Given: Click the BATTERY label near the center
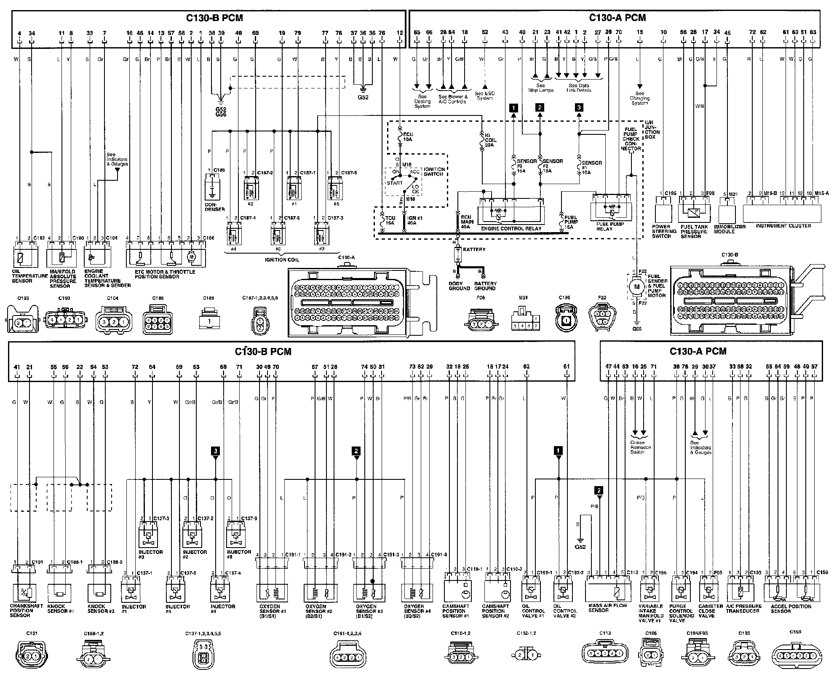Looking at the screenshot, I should pyautogui.click(x=474, y=249).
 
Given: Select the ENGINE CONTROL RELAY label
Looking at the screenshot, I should pyautogui.click(x=511, y=228).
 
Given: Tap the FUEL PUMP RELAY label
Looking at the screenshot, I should pyautogui.click(x=610, y=227).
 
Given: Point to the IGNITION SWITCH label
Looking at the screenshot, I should pyautogui.click(x=434, y=171).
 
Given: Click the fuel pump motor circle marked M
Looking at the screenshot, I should pyautogui.click(x=636, y=287).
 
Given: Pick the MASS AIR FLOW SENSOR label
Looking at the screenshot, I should pyautogui.click(x=607, y=608).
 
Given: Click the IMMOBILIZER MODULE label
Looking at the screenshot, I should pyautogui.click(x=730, y=229).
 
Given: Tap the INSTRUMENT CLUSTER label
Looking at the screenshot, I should pyautogui.click(x=783, y=226).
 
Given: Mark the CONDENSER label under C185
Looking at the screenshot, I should pyautogui.click(x=215, y=207).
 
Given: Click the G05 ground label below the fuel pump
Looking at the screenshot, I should pyautogui.click(x=637, y=329).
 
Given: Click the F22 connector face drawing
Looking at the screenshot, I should pyautogui.click(x=602, y=318).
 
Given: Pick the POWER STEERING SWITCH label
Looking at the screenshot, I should pyautogui.click(x=664, y=231).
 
